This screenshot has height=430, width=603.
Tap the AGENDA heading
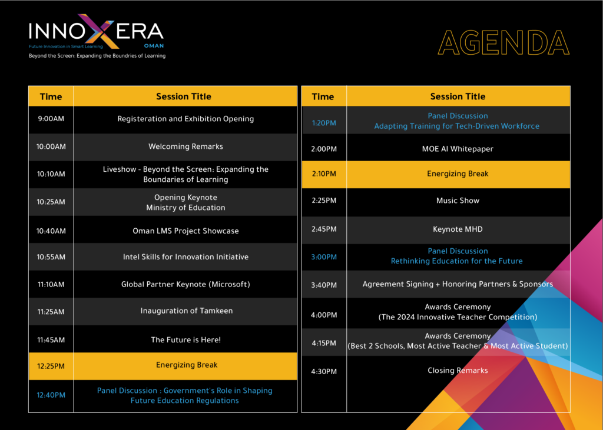[x=504, y=43]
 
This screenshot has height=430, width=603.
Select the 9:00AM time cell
[x=51, y=119]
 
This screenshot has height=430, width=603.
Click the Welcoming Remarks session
[x=185, y=146]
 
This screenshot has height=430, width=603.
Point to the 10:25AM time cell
[x=51, y=202]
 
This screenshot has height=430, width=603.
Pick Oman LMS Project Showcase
[x=185, y=231]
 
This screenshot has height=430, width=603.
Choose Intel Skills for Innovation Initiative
[x=185, y=256]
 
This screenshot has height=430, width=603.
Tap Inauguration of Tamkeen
[x=187, y=311]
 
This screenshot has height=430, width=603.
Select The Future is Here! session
[x=185, y=339]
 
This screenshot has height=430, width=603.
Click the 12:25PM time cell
[x=51, y=366]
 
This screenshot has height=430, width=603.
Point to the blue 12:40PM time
[x=51, y=395]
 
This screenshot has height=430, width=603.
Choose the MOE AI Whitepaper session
[x=458, y=149]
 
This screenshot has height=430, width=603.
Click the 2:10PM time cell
[x=324, y=174]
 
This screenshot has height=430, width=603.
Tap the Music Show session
[x=458, y=201]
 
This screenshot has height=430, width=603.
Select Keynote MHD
[x=458, y=229]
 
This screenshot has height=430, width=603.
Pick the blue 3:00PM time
[x=324, y=256]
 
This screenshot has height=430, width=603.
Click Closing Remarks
[x=458, y=371]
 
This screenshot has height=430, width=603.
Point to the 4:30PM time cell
[x=324, y=372]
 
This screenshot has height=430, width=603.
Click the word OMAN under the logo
[x=154, y=46]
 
